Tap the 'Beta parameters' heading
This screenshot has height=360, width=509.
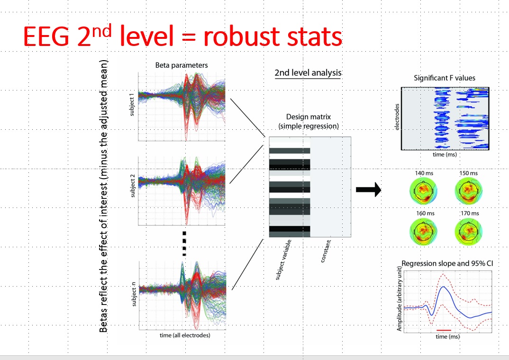click(x=182, y=65)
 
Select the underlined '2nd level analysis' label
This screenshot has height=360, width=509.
click(x=308, y=72)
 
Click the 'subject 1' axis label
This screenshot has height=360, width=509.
click(x=131, y=104)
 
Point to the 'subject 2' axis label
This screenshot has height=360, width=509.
click(x=132, y=186)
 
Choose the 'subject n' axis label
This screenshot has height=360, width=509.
click(x=134, y=294)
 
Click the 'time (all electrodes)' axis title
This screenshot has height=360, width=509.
click(x=185, y=335)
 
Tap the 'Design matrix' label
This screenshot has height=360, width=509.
click(x=309, y=117)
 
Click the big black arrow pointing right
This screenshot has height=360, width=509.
click(x=368, y=190)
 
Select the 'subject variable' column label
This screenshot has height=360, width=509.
click(x=283, y=260)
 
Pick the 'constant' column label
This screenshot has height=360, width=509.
click(x=326, y=251)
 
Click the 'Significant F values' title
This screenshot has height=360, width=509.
click(x=445, y=78)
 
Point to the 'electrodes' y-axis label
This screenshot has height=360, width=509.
click(x=397, y=117)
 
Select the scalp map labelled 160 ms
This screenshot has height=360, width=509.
click(x=424, y=231)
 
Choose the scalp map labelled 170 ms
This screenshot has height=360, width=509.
click(x=469, y=231)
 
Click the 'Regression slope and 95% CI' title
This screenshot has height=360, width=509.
click(x=447, y=263)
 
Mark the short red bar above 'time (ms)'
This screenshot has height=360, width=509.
click(x=444, y=330)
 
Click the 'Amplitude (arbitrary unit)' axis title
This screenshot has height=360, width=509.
click(x=399, y=299)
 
